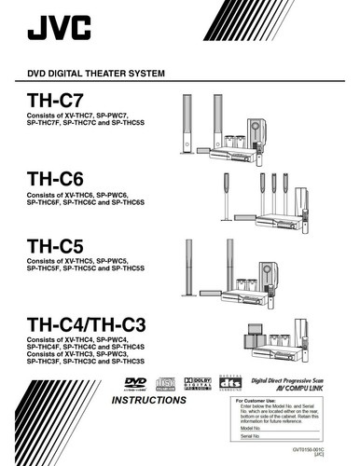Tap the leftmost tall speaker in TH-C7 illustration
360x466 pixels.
[185, 121]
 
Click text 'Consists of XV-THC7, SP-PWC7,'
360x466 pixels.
[78, 116]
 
